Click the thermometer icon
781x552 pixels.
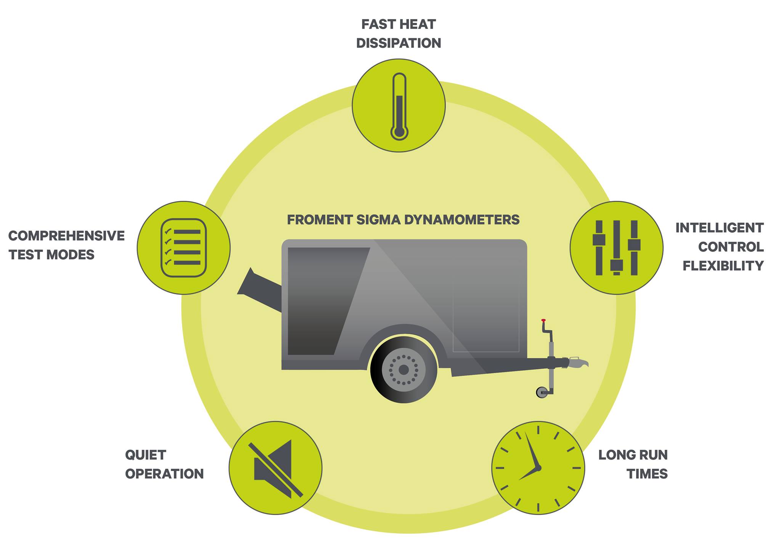point(399,106)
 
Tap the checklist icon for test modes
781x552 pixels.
point(183,248)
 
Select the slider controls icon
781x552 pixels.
point(616,248)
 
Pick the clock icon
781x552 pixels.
point(538,468)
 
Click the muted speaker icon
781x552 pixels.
point(275,468)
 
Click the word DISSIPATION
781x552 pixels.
point(399,43)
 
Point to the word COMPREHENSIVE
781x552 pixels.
point(66,236)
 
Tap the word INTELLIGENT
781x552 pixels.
point(719,228)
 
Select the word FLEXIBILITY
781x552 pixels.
point(723,266)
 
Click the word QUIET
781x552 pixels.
point(146,455)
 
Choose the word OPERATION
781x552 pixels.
point(164,474)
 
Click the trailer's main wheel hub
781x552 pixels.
point(403,370)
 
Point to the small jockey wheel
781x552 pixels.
point(542,392)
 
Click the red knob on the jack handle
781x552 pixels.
point(543,320)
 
